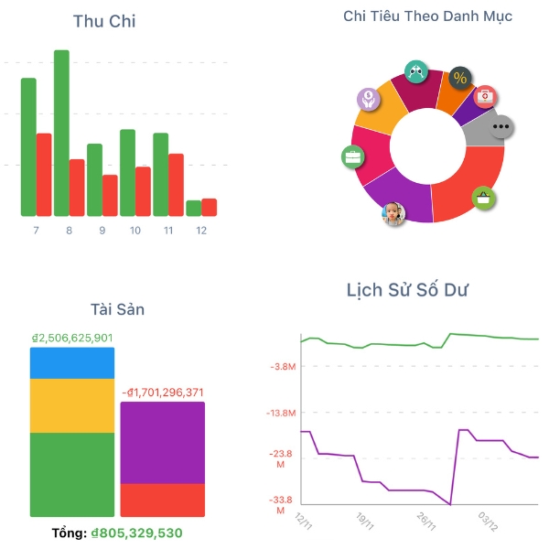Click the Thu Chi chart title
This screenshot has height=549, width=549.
coord(104,21)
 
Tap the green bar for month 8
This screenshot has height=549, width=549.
coord(61,133)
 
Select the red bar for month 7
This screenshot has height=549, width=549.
coord(44,174)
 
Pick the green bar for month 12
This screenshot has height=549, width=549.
coord(193,208)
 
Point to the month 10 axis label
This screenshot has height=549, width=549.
coord(135,231)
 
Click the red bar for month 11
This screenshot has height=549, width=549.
coord(176,184)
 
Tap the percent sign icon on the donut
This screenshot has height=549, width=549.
coord(459,78)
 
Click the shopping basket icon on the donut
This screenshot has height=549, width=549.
coord(483,197)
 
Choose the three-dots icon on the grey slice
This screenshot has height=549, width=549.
coord(501,127)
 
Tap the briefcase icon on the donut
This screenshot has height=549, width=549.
coord(352,157)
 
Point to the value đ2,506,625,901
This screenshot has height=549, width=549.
coord(72,338)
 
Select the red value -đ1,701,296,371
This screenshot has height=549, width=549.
coord(164,393)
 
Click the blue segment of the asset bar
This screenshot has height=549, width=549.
coord(72,363)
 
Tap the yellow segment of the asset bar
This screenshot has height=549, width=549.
coord(72,405)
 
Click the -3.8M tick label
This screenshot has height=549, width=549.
coord(284,367)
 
